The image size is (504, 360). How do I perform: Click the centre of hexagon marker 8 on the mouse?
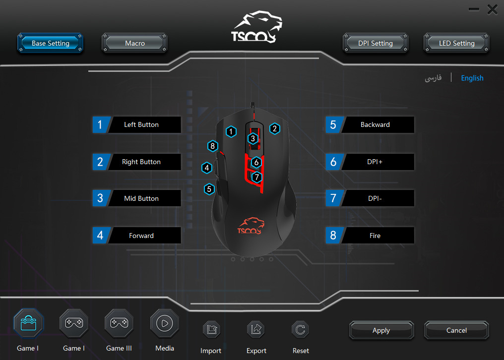[x=212, y=146]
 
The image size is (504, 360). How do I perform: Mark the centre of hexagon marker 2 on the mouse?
[x=274, y=128]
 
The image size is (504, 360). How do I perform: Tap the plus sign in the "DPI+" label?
[x=380, y=162]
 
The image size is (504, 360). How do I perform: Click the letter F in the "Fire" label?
[x=371, y=236]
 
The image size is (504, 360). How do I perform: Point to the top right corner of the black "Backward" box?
[x=414, y=117]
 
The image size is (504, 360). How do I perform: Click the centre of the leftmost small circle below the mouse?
[x=233, y=259]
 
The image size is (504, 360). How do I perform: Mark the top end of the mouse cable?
[x=252, y=103]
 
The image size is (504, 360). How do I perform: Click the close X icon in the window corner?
[x=492, y=9]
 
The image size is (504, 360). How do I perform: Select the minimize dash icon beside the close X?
[x=474, y=9]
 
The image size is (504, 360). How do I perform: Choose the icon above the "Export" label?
[x=256, y=329]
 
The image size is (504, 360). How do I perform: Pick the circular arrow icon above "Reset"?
[x=301, y=329]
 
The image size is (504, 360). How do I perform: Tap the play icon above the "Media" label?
[x=165, y=323]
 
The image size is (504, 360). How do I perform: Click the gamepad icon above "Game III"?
[x=119, y=323]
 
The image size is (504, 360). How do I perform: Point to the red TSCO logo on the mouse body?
[x=251, y=226]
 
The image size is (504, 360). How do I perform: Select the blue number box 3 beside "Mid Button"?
[x=101, y=198]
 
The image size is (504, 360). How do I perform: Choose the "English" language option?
[x=472, y=78]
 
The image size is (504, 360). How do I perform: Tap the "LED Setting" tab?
[x=457, y=43]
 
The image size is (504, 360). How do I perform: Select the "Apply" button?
[x=381, y=330]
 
